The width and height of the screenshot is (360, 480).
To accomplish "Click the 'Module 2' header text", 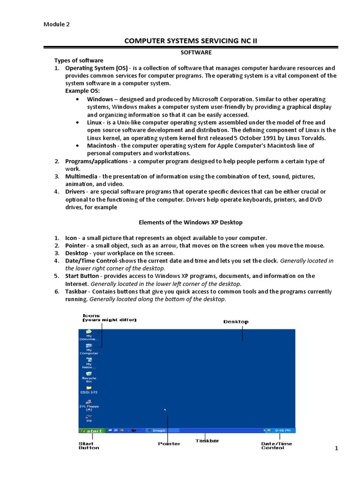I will [57, 24].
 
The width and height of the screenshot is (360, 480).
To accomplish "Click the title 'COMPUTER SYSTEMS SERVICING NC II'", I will [191, 41].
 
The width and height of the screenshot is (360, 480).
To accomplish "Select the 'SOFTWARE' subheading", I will [196, 52].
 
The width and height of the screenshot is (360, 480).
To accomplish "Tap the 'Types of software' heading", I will [79, 60].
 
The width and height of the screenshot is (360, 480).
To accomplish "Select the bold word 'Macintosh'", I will [102, 145].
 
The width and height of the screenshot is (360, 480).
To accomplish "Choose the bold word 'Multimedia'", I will [82, 176].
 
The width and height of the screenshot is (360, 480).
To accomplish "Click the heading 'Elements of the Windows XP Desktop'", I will [191, 222].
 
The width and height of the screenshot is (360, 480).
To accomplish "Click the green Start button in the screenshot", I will [92, 430].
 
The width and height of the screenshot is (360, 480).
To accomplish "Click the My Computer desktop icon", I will [89, 348].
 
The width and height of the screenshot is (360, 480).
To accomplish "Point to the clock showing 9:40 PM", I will [283, 430].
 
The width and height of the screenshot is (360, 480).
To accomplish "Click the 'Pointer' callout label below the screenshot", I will [169, 443].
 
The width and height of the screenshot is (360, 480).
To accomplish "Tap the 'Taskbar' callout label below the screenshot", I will [207, 441].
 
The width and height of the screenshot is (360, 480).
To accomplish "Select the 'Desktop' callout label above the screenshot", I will [236, 322].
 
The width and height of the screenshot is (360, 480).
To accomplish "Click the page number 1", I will [336, 449].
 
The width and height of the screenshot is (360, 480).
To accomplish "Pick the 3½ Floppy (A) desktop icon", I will [89, 404].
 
